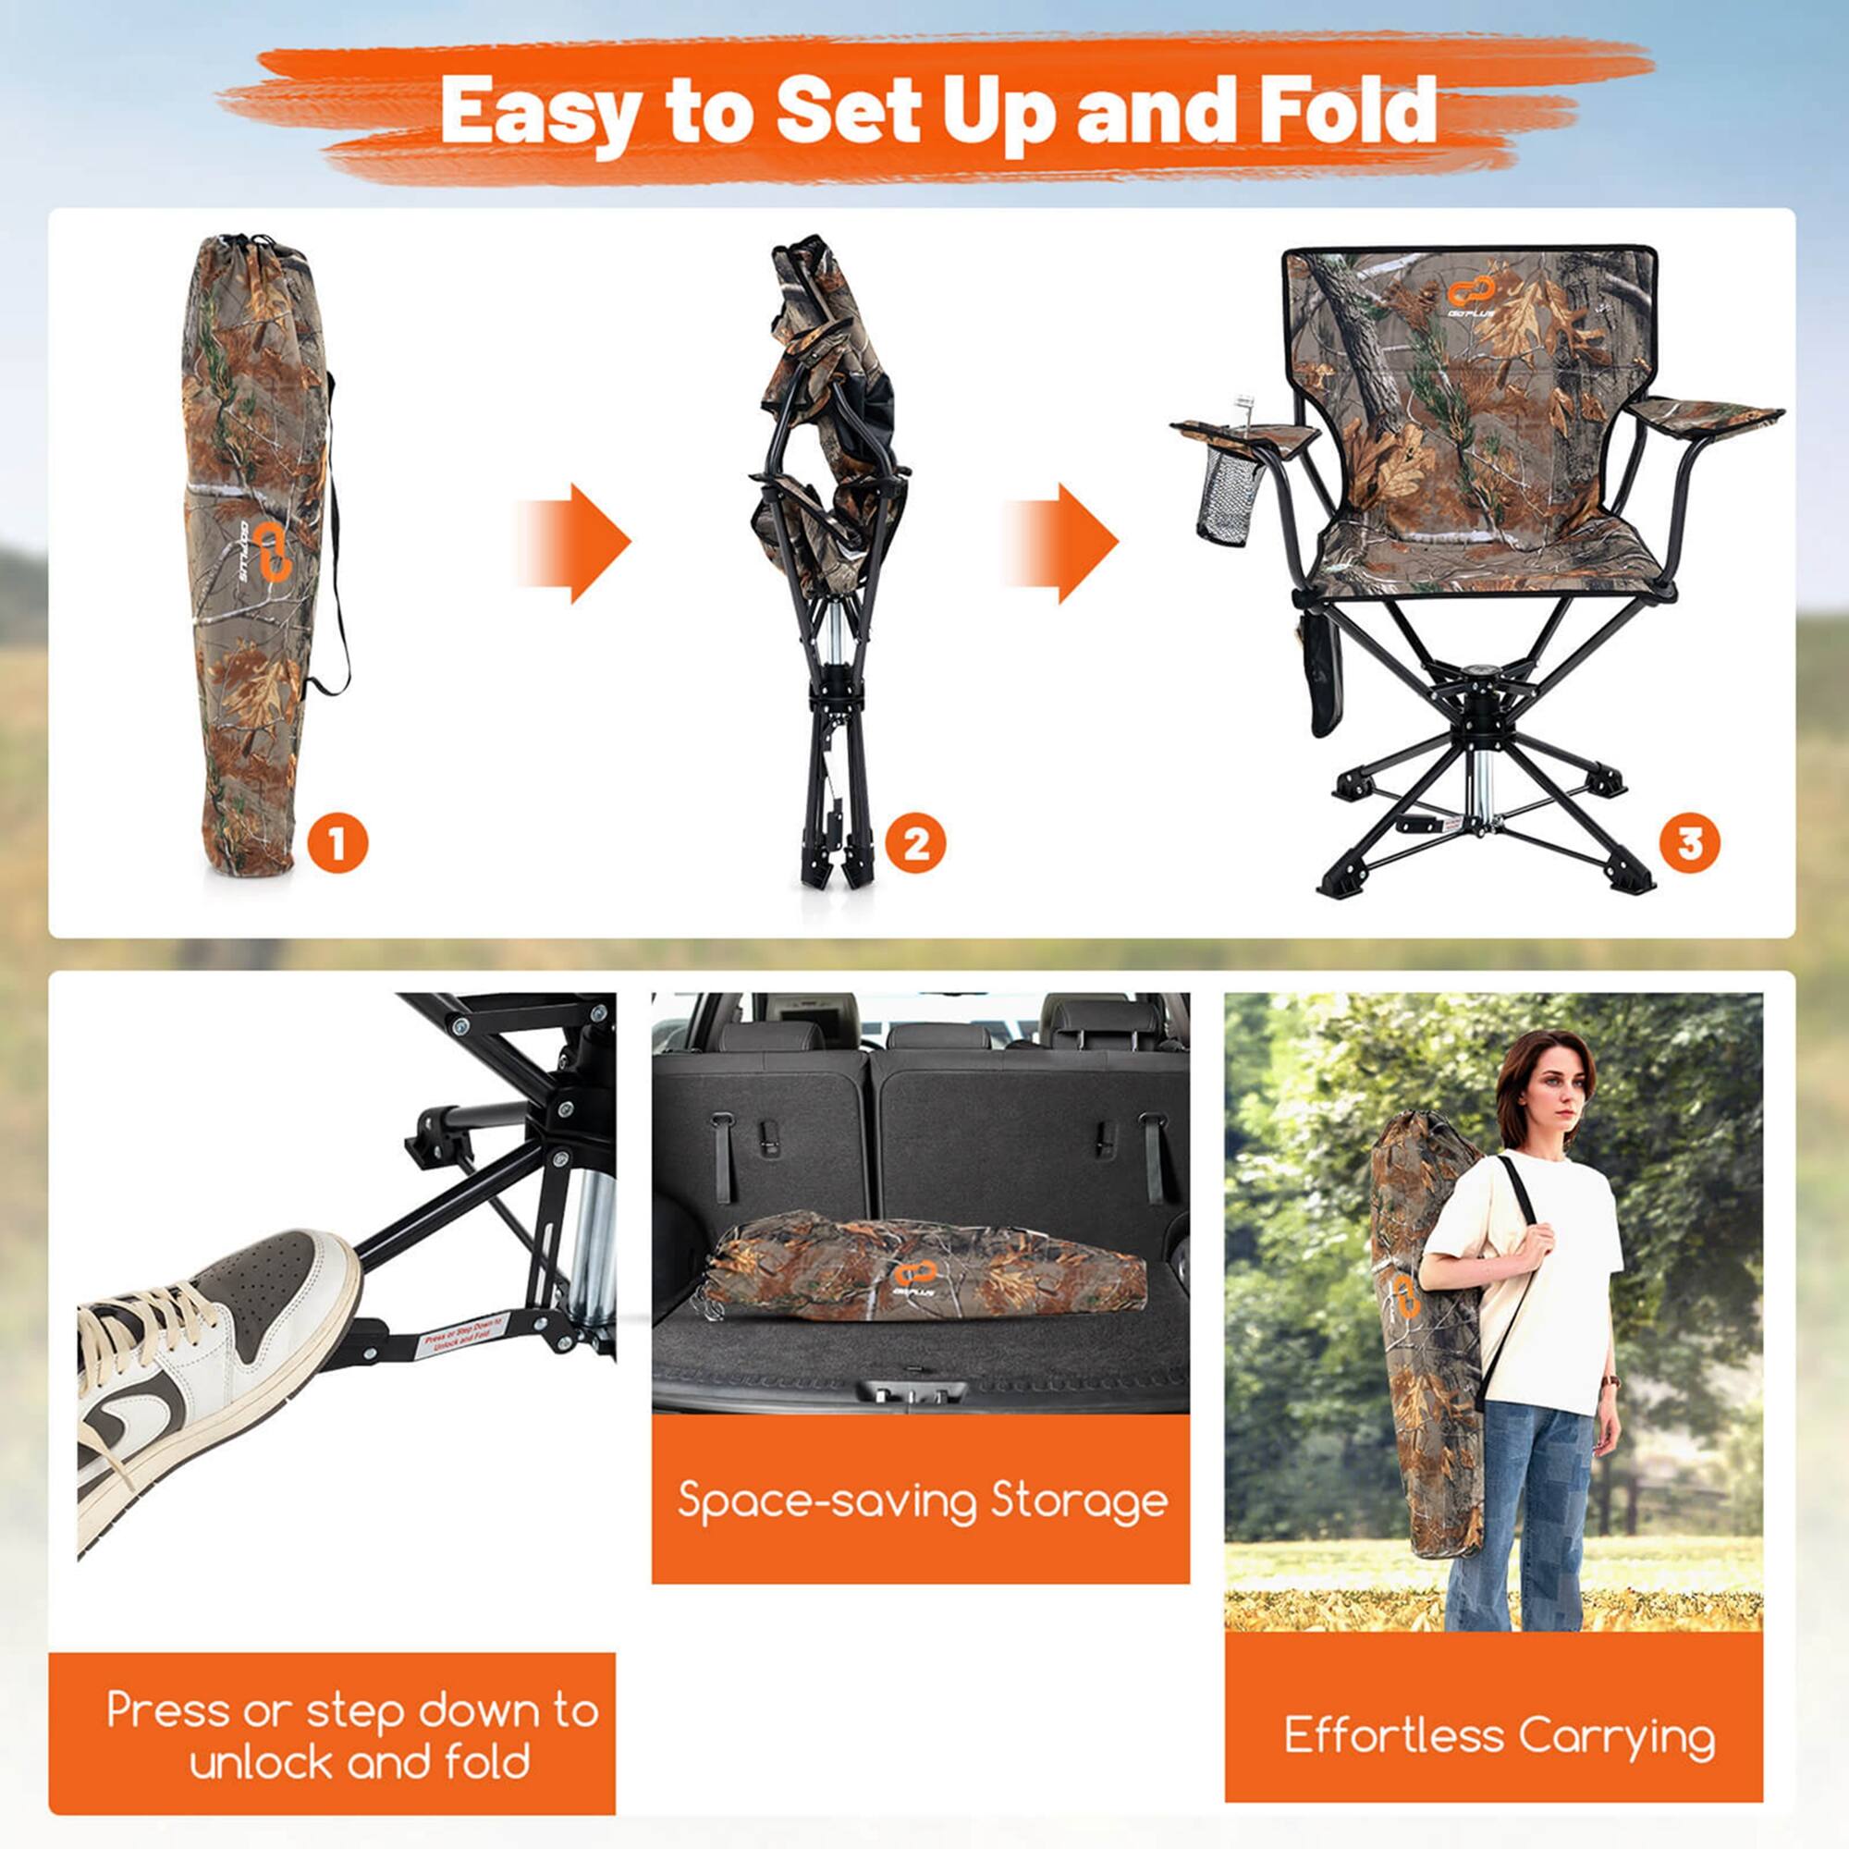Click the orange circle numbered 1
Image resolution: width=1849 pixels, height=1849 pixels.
click(337, 843)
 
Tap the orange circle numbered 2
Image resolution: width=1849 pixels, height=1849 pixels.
click(915, 843)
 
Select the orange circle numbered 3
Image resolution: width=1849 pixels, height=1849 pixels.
click(1689, 843)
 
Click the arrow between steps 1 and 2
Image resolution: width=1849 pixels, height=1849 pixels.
click(575, 543)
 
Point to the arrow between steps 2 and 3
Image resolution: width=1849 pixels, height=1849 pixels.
click(1062, 543)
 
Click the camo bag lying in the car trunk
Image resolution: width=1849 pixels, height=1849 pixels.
click(924, 1268)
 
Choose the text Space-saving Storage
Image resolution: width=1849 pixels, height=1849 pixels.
click(923, 1499)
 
